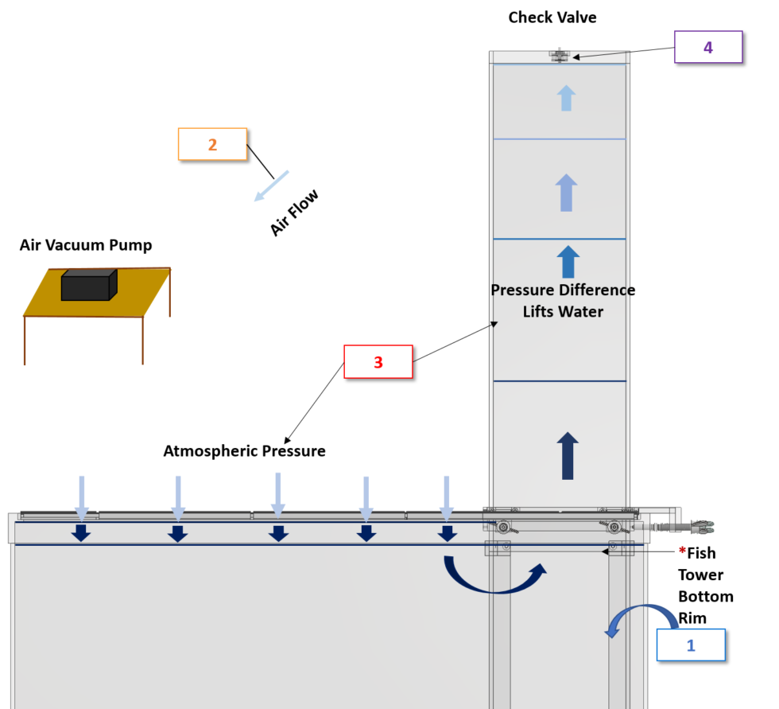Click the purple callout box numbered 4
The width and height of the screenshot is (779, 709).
click(x=707, y=47)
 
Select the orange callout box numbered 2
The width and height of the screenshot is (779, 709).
click(x=212, y=144)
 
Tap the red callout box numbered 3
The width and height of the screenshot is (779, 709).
click(x=378, y=362)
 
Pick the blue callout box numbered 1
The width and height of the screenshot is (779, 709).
click(x=690, y=645)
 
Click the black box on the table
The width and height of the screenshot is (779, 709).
click(x=88, y=285)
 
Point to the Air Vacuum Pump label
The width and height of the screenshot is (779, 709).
click(x=86, y=245)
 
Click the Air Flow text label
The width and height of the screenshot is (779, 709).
click(x=293, y=212)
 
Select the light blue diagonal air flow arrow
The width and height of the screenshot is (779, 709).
click(x=272, y=186)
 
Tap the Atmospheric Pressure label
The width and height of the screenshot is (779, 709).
click(x=244, y=451)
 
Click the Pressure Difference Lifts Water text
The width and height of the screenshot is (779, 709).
click(x=563, y=301)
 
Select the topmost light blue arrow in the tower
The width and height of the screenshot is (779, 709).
click(x=566, y=98)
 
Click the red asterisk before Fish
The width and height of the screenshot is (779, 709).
click(x=682, y=552)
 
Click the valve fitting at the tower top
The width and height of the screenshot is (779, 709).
click(x=560, y=56)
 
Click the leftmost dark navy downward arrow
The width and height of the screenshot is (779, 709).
click(x=80, y=533)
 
